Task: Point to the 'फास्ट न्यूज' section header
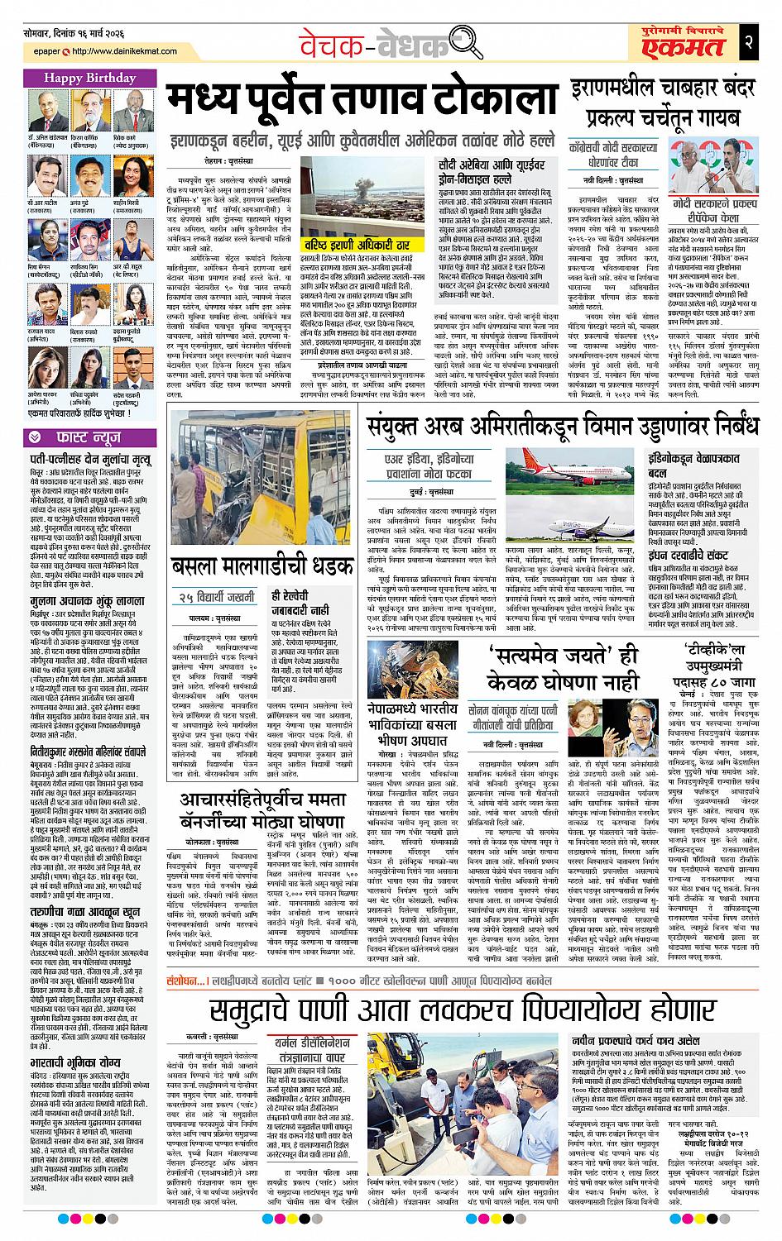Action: tap(79, 436)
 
